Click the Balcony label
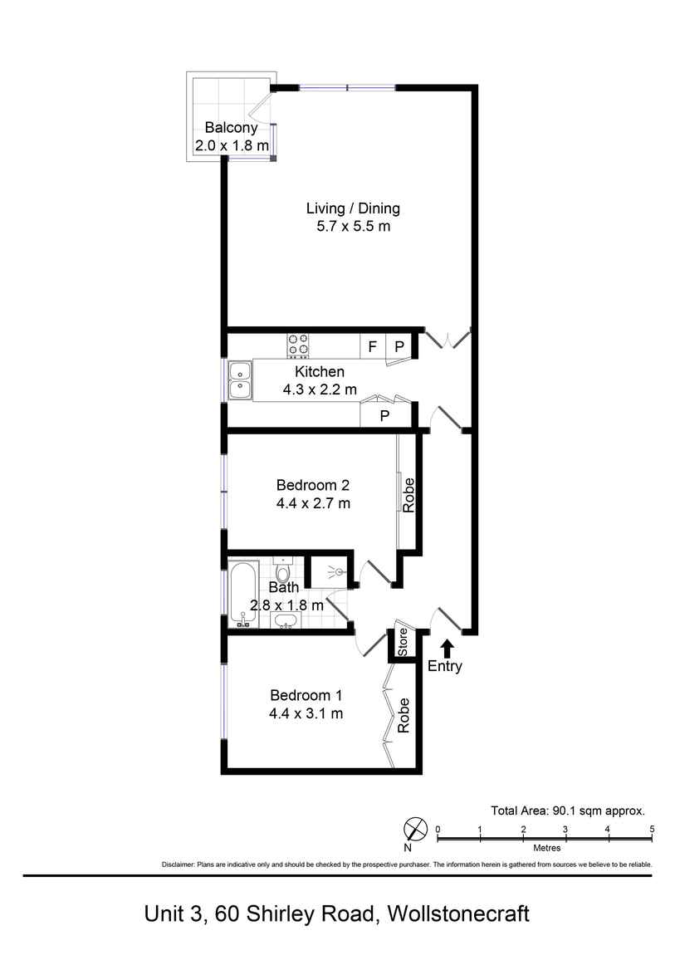point(232,128)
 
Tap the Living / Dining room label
point(353,208)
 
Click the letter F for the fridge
point(372,346)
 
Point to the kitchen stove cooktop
point(298,345)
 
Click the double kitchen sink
point(240,380)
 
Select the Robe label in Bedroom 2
point(408,495)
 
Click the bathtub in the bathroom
point(244,595)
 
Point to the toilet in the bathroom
point(282,572)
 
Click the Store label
point(403,642)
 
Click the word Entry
point(444,666)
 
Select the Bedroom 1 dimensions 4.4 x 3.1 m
point(306,713)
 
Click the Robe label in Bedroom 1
point(404,715)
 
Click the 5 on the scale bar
point(652,829)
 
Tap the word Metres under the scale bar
point(545,848)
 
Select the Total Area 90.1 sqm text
point(568,811)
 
